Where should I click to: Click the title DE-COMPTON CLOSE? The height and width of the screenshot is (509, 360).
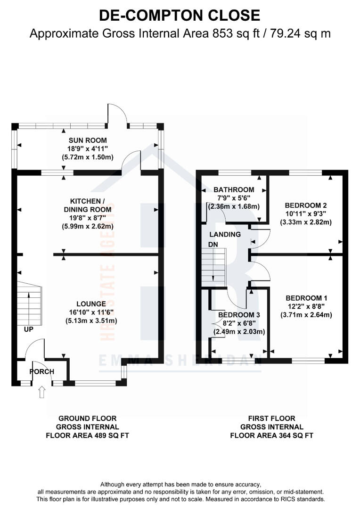pyautogui.click(x=180, y=15)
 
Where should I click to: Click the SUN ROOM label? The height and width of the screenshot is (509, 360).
pyautogui.click(x=88, y=140)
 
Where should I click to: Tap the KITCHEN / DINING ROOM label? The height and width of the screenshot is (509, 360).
pyautogui.click(x=88, y=205)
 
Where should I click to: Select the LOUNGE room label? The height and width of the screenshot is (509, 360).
pyautogui.click(x=90, y=304)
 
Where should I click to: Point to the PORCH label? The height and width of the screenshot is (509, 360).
pyautogui.click(x=42, y=371)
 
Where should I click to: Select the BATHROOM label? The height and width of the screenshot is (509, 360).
pyautogui.click(x=234, y=190)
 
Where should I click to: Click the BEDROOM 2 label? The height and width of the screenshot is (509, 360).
pyautogui.click(x=306, y=205)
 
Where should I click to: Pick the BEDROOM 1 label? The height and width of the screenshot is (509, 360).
pyautogui.click(x=306, y=298)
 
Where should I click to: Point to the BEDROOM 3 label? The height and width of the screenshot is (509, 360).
pyautogui.click(x=239, y=315)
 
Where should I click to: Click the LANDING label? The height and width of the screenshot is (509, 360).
pyautogui.click(x=225, y=234)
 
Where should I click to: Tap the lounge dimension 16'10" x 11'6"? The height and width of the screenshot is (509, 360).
pyautogui.click(x=90, y=312)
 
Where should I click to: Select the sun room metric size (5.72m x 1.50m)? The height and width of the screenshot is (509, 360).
pyautogui.click(x=88, y=157)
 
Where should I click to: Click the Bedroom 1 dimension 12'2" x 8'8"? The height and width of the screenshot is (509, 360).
pyautogui.click(x=306, y=307)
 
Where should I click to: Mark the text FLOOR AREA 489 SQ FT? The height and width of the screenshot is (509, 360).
pyautogui.click(x=87, y=436)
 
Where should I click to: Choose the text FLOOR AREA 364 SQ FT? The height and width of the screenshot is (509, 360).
pyautogui.click(x=271, y=436)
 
